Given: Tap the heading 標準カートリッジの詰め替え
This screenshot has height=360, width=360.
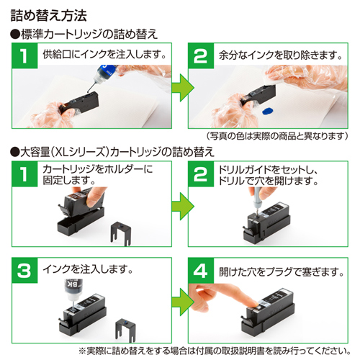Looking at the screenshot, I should [x=85, y=34].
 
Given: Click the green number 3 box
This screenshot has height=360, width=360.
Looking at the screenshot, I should [x=24, y=272].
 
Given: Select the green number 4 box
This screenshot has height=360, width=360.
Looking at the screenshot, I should [x=199, y=272].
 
